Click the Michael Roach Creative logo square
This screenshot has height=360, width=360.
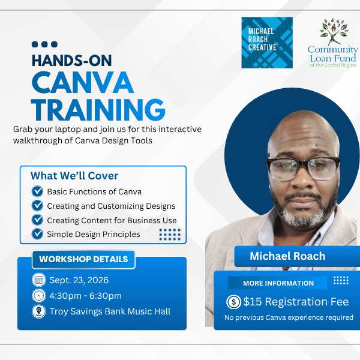[267, 43]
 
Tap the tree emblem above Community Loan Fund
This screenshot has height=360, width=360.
[334, 31]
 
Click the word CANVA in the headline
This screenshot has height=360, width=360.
[83, 82]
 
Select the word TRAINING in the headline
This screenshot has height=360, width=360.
[98, 110]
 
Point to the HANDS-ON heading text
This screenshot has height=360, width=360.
[72, 61]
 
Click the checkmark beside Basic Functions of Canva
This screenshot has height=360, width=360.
[37, 191]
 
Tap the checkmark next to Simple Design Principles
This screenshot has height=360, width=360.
[37, 234]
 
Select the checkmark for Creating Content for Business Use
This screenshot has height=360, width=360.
[37, 220]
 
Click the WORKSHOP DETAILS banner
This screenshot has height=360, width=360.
[83, 259]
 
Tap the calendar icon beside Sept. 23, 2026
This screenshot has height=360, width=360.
[39, 280]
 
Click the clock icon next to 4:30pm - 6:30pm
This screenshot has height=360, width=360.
[39, 295]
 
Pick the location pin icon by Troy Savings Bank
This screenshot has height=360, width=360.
[39, 311]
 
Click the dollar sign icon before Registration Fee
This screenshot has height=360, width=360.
[233, 302]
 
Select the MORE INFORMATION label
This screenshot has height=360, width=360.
[278, 283]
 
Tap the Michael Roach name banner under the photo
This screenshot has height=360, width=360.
[297, 256]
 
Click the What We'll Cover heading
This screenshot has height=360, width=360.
[74, 176]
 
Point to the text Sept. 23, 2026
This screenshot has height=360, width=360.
[79, 280]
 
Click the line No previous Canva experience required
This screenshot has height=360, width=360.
[289, 317]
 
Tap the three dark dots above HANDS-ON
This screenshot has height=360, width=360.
[44, 44]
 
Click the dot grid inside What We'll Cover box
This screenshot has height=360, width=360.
[170, 235]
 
